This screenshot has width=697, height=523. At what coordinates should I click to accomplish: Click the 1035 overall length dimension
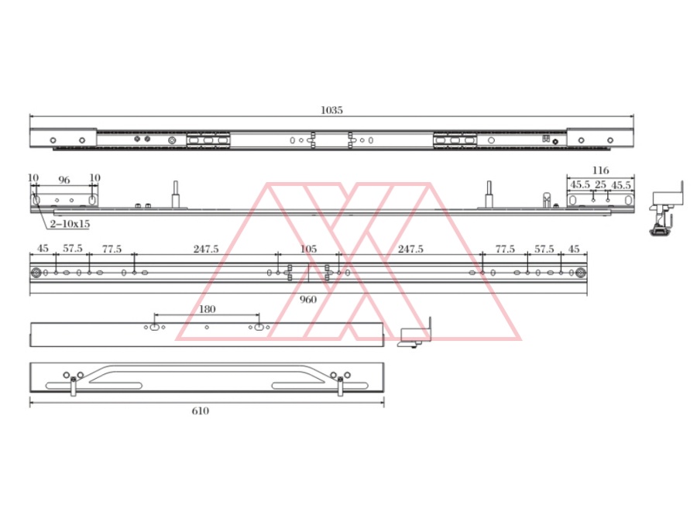(x=331, y=110)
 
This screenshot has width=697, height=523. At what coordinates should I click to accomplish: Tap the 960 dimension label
(x=308, y=299)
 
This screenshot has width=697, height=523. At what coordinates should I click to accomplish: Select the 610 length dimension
(x=201, y=411)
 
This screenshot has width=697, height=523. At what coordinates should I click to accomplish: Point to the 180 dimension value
(x=207, y=309)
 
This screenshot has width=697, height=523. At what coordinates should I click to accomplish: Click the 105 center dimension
(x=308, y=249)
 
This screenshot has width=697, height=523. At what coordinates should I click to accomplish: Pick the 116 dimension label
(x=600, y=170)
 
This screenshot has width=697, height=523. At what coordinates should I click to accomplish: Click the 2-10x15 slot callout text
(x=70, y=224)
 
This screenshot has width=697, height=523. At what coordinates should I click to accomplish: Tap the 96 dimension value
(x=64, y=180)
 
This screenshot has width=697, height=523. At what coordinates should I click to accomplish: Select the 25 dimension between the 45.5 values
(x=600, y=184)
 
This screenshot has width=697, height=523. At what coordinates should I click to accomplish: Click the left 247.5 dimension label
(x=206, y=249)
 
